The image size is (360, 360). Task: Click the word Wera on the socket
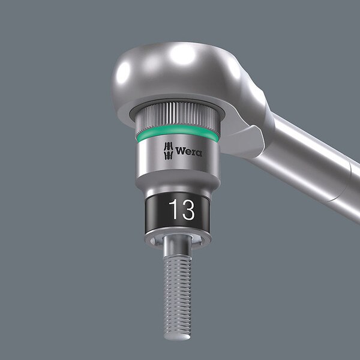tap(189, 152)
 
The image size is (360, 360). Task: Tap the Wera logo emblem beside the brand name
tap(168, 151)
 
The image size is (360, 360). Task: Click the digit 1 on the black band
tap(175, 209)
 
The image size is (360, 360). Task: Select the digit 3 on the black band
tap(188, 209)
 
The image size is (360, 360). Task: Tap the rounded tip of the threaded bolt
tap(177, 335)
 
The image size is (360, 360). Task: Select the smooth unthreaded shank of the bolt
tap(177, 247)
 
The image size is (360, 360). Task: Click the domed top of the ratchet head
tap(175, 69)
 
